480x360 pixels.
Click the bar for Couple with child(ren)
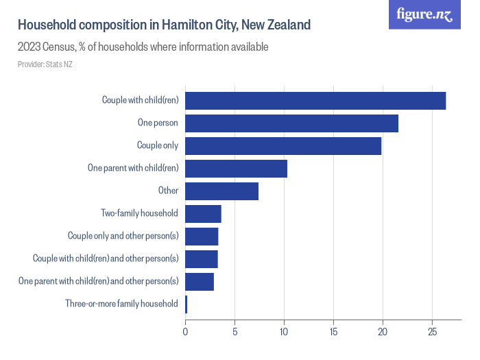pos(315,100)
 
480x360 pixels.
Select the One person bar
pos(291,123)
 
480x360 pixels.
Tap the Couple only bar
pos(283,146)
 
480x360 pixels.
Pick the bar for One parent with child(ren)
pos(236,169)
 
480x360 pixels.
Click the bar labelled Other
pos(221,191)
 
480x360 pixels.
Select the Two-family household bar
pos(203,214)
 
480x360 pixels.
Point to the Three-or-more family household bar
pos(186,304)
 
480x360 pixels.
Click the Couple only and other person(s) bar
pos(202,237)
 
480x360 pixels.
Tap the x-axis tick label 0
pos(185,333)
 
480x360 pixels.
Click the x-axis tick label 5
pos(235,333)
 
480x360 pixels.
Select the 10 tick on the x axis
pos(284,333)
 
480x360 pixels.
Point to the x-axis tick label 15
pos(333,333)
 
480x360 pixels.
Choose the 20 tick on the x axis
pos(383,333)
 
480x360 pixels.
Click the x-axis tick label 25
pos(432,333)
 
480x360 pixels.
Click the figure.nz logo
pos(425,15)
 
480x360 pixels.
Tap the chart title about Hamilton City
pos(164,25)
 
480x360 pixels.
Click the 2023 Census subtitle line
pos(143,47)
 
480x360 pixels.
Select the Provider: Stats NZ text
pos(45,64)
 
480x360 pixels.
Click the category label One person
pos(158,123)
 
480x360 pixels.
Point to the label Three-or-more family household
pos(121,304)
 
